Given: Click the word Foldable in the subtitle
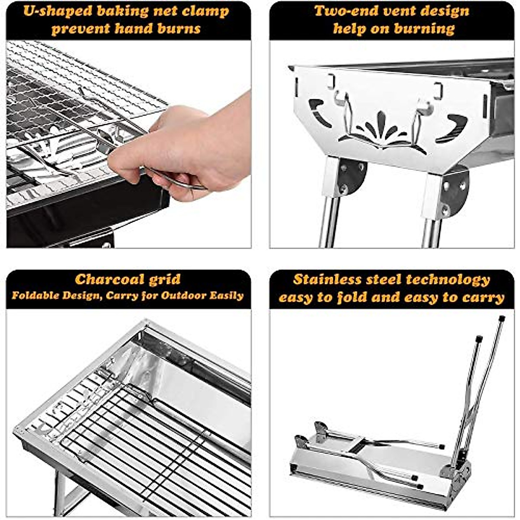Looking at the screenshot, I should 35,296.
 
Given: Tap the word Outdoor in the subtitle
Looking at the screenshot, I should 183,296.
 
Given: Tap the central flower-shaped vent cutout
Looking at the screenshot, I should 381,130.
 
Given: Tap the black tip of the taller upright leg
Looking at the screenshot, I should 502,318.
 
